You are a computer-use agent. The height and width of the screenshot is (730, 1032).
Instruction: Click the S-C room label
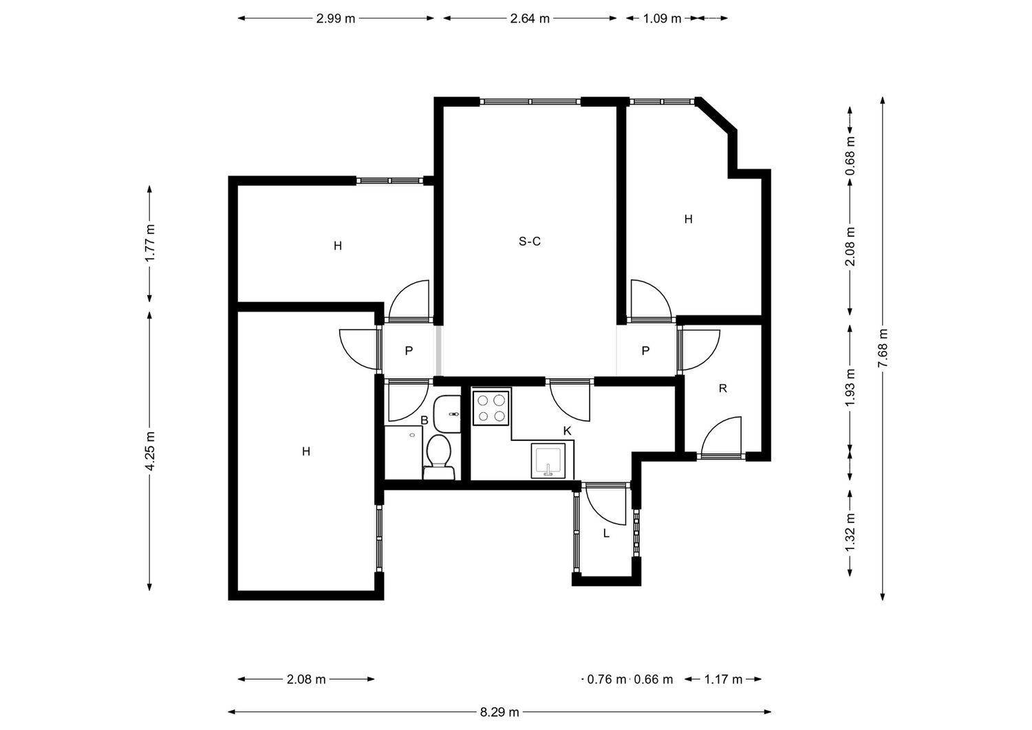point(529,241)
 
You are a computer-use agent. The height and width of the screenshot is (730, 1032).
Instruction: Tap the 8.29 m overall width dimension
point(499,712)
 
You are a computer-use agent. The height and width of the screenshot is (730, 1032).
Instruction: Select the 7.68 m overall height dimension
point(883,348)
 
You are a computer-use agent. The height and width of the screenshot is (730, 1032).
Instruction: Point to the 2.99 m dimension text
point(336,19)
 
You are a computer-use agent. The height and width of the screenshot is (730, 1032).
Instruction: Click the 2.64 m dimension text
point(530,19)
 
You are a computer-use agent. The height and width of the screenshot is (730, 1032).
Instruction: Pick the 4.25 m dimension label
point(150,451)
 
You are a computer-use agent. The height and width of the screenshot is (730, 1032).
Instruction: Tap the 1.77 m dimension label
point(150,243)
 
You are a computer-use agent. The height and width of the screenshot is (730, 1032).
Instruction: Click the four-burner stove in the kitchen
point(491,407)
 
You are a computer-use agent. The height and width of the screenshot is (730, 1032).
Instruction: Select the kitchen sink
point(548,460)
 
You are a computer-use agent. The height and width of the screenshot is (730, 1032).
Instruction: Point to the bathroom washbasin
point(447,414)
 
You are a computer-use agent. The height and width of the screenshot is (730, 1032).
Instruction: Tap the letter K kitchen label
point(567,431)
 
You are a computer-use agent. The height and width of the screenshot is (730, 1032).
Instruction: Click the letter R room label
point(722,389)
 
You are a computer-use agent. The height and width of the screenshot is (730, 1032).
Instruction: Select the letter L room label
point(606,533)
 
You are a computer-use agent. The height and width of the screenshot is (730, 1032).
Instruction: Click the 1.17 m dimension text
point(723,679)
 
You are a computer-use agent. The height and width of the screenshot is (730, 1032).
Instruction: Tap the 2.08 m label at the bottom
point(306,679)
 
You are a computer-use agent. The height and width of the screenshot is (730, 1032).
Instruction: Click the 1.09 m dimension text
point(662,19)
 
